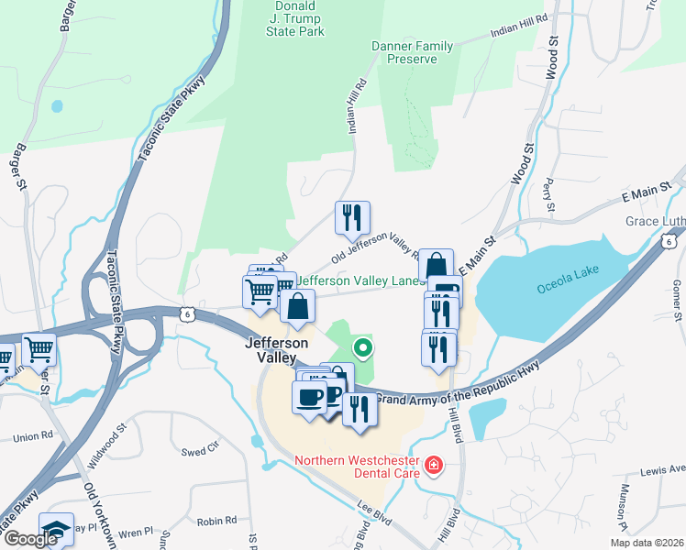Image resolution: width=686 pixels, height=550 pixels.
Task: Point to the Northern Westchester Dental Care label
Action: (356, 467)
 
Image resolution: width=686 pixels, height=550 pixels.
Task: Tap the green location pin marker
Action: (363, 347)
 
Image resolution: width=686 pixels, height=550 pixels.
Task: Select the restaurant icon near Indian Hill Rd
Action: (352, 218)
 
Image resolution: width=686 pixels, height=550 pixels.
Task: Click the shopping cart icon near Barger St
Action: (39, 348)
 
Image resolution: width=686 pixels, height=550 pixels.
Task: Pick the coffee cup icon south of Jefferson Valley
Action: (308, 398)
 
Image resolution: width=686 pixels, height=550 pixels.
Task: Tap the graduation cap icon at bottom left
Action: (57, 532)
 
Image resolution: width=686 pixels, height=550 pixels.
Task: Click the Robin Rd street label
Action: (217, 521)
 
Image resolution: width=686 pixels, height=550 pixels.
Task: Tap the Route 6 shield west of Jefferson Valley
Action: (187, 313)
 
